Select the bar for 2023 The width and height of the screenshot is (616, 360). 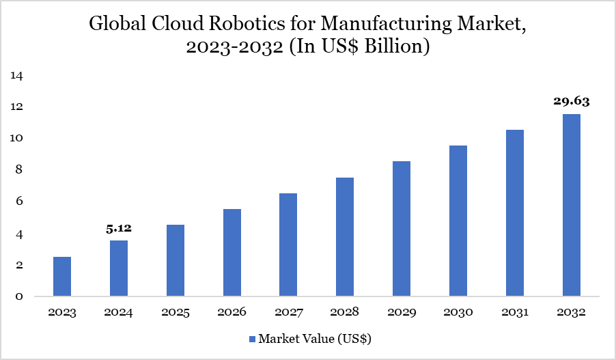(x=62, y=277)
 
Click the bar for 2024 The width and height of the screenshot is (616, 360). (x=119, y=268)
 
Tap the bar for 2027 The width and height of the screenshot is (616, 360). (x=288, y=245)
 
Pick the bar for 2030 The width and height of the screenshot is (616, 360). (x=458, y=221)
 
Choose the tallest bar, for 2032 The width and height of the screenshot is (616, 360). (x=571, y=205)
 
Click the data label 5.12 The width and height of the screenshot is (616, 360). (x=119, y=229)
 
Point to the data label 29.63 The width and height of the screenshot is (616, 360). (x=571, y=101)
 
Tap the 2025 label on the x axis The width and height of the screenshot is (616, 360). (x=176, y=313)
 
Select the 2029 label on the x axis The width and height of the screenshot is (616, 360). (x=402, y=313)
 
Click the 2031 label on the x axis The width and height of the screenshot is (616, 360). (x=514, y=313)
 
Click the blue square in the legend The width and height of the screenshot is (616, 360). (x=251, y=339)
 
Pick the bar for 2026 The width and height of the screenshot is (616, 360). (x=232, y=253)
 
